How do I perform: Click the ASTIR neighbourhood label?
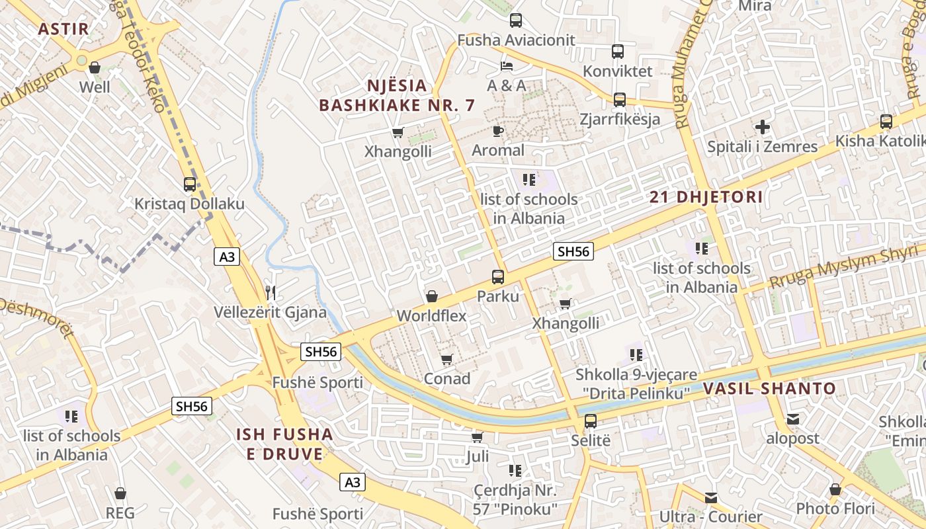[63, 28]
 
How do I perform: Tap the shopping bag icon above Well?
[95, 67]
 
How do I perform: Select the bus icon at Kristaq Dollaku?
[190, 184]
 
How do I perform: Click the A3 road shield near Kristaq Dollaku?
[227, 257]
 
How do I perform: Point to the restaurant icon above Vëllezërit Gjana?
[270, 292]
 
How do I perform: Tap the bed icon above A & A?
[507, 66]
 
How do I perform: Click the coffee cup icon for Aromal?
[498, 131]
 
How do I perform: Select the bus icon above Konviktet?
[618, 51]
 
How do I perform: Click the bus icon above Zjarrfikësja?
[620, 100]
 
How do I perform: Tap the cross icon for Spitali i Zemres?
[763, 127]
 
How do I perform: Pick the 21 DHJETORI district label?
[706, 197]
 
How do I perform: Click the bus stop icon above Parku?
[498, 277]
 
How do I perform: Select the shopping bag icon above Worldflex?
[432, 296]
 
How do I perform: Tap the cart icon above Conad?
[447, 359]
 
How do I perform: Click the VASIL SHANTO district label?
[769, 388]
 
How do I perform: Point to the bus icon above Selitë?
[591, 421]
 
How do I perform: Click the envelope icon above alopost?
[793, 419]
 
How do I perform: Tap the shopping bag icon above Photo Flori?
[835, 489]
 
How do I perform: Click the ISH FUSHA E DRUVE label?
[284, 444]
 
